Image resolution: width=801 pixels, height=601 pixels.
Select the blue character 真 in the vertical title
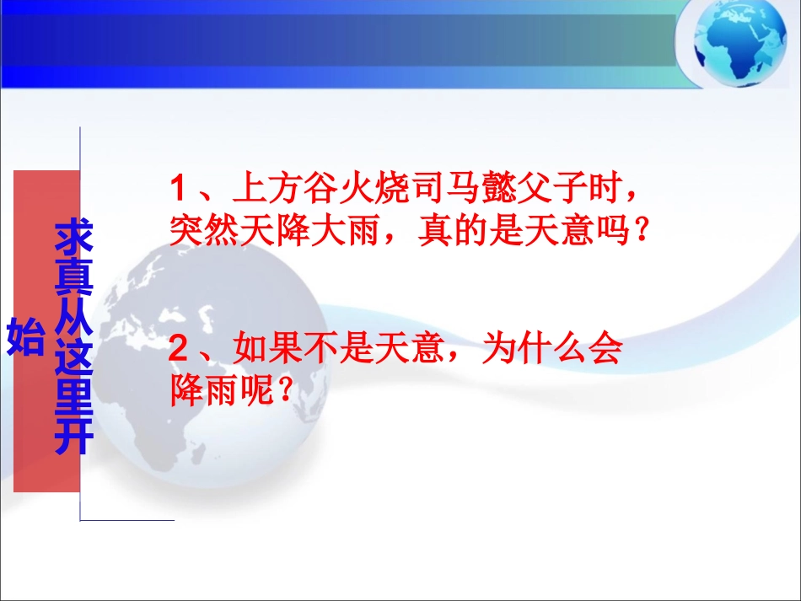[73, 279]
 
